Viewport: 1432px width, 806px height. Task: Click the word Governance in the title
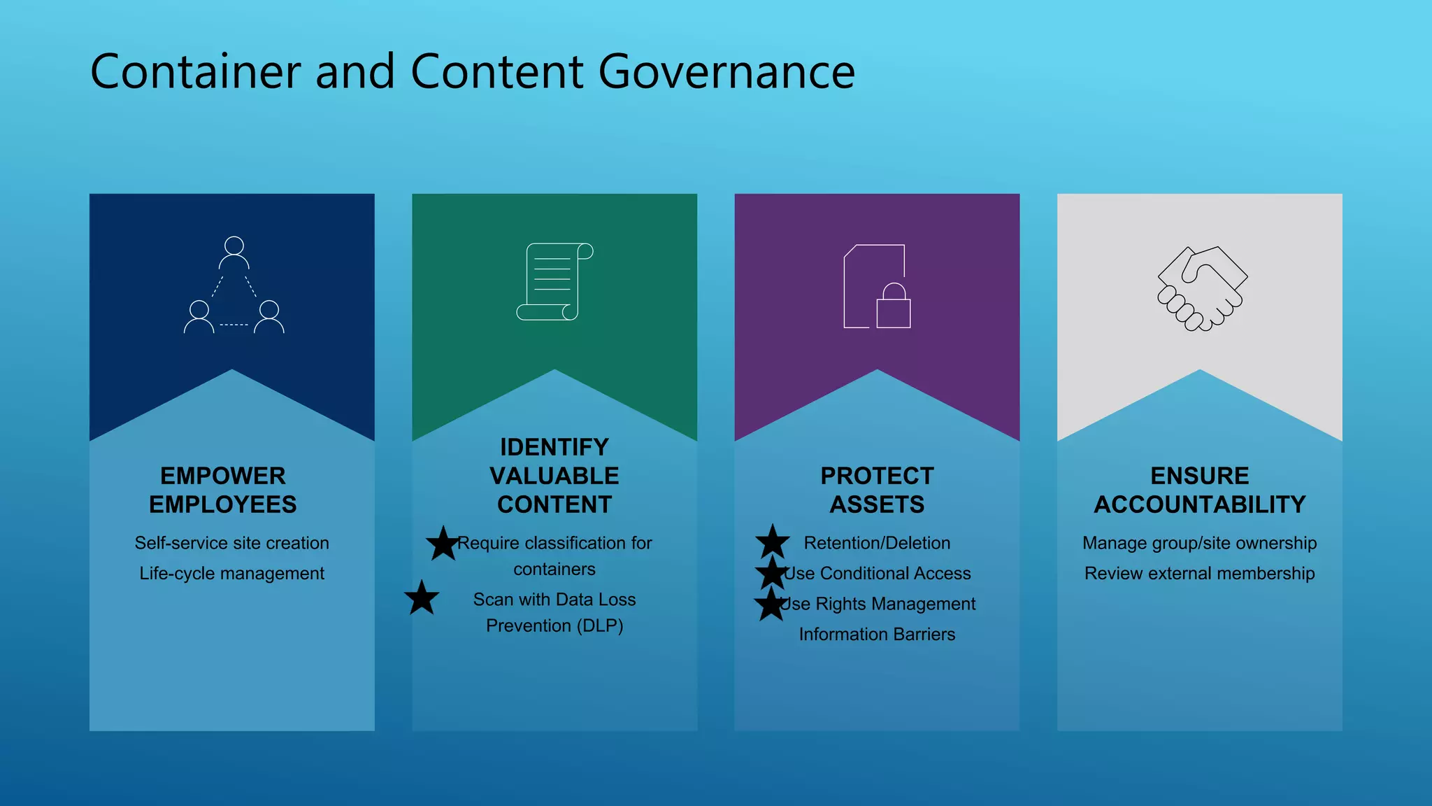point(726,72)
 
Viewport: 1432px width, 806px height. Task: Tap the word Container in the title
point(196,72)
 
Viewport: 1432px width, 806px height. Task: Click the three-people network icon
point(234,285)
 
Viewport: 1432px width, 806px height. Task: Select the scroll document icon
point(554,281)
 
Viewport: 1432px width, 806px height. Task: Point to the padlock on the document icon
point(894,306)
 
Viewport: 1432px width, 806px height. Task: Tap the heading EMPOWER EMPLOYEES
point(223,490)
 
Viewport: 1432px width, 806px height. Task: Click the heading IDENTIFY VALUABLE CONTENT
point(554,476)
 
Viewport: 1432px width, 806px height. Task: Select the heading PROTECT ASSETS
point(877,490)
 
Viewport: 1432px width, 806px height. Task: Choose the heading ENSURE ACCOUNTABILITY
point(1200,490)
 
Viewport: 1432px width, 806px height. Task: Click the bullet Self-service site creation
point(231,543)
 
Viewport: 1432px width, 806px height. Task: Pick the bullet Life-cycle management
point(231,574)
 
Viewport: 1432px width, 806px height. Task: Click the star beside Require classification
point(443,544)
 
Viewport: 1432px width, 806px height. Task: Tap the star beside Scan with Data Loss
point(422,598)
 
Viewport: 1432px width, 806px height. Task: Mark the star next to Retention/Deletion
point(773,542)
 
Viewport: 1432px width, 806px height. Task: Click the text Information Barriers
point(877,635)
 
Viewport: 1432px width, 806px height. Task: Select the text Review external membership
point(1199,574)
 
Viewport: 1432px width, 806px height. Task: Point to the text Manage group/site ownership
point(1199,543)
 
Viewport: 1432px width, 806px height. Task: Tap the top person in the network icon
point(234,253)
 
